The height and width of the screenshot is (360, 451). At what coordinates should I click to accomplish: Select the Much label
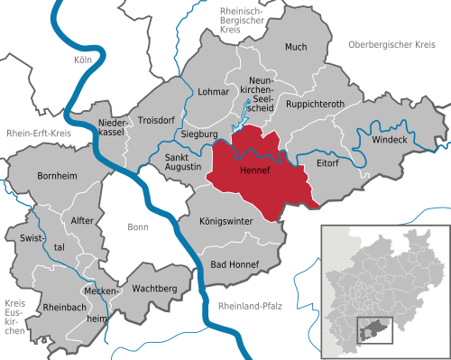tap(296, 46)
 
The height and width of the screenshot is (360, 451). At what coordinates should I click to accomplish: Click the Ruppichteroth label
tap(315, 104)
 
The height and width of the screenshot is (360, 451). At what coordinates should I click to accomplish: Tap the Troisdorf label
tap(155, 119)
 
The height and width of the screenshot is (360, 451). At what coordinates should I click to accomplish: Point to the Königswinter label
tap(226, 220)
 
